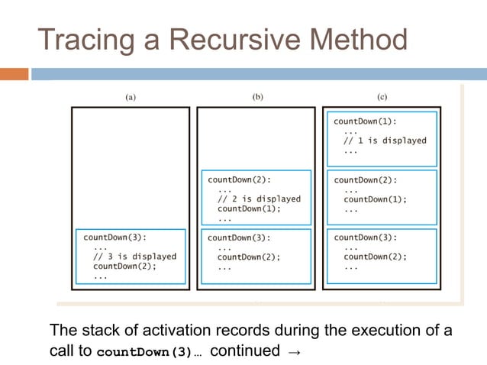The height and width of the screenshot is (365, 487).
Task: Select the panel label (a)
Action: click(131, 97)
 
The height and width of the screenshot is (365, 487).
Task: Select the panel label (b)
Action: click(256, 97)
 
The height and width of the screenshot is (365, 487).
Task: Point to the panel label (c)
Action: click(382, 97)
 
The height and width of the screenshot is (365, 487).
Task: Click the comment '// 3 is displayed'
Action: click(134, 257)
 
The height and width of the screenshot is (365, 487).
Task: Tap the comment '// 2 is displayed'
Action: click(259, 199)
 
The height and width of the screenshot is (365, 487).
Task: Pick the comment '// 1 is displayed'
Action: click(385, 141)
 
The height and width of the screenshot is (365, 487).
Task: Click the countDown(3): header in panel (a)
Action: click(114, 237)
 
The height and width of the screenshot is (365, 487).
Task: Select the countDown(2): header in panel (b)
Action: click(239, 179)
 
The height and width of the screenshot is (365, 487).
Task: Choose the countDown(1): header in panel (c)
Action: click(365, 121)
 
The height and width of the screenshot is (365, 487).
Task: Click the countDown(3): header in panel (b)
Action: click(239, 237)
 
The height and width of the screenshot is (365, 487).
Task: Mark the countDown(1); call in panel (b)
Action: click(249, 208)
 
